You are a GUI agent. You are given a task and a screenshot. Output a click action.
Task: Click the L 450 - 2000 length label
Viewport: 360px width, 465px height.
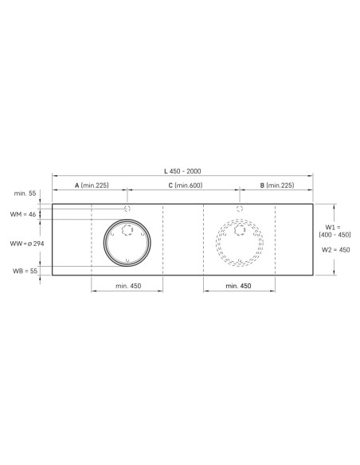pos(182,171)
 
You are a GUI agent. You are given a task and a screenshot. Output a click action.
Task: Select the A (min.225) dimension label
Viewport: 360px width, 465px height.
pos(92,186)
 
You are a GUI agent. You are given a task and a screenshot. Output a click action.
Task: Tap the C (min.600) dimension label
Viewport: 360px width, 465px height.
pos(186,186)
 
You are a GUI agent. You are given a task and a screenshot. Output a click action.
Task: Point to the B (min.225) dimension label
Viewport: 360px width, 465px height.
pos(277,186)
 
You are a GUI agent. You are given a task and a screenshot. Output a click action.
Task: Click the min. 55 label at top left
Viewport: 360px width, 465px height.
pos(25,193)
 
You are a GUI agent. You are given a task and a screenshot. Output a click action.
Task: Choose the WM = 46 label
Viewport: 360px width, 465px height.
pos(23,214)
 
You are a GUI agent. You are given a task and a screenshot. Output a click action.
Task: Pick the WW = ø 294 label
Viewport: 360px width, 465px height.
pos(27,244)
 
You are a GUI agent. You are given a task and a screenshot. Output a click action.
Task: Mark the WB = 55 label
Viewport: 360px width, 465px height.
pos(25,271)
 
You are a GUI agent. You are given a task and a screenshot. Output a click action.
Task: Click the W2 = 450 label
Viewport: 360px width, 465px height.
pos(335,250)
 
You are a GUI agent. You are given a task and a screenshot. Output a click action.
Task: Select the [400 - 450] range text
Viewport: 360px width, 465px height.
pos(335,235)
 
